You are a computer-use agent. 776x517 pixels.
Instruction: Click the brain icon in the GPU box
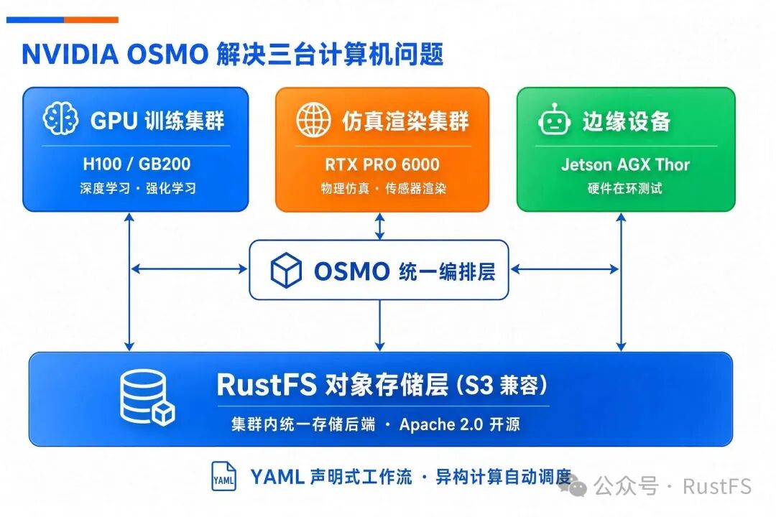click(60, 118)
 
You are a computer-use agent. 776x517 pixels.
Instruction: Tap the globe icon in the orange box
click(313, 120)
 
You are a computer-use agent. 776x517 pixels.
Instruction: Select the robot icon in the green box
click(554, 120)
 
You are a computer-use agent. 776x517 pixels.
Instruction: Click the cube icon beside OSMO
click(286, 270)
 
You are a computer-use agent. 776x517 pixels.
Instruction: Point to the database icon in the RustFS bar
click(147, 397)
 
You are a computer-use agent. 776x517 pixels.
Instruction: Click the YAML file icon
click(223, 476)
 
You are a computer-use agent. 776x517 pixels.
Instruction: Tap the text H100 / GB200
click(137, 164)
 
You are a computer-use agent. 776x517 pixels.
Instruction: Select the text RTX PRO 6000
click(382, 164)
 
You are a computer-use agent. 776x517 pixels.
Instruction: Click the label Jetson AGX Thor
click(625, 164)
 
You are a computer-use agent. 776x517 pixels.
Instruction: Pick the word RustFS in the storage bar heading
click(267, 384)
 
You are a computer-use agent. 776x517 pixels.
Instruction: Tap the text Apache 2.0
click(441, 424)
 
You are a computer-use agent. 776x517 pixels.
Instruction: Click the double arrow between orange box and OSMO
click(379, 227)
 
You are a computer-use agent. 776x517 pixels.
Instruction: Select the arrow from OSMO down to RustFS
click(379, 325)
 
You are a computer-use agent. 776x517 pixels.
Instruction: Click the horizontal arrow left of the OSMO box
click(190, 269)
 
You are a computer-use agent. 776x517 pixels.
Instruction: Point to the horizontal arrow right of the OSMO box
click(565, 269)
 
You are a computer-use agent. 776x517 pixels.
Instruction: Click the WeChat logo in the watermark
click(573, 486)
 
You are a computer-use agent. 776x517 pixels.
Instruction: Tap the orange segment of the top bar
click(91, 20)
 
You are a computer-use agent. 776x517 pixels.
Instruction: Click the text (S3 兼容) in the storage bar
click(502, 385)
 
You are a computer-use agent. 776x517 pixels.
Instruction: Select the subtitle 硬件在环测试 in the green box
click(624, 189)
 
